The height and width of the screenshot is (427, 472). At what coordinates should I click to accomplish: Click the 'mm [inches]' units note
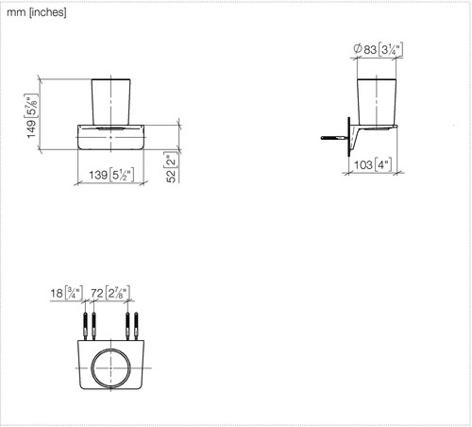point(37,12)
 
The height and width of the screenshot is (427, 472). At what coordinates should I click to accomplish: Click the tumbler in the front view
point(110,102)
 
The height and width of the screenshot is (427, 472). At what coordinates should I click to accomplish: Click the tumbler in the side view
point(377,102)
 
